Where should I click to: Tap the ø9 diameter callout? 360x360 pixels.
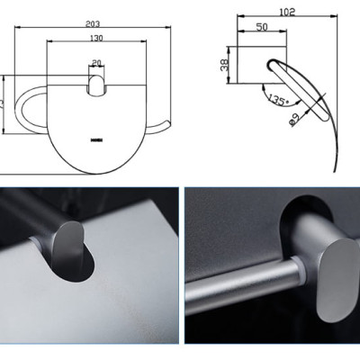click(295, 118)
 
